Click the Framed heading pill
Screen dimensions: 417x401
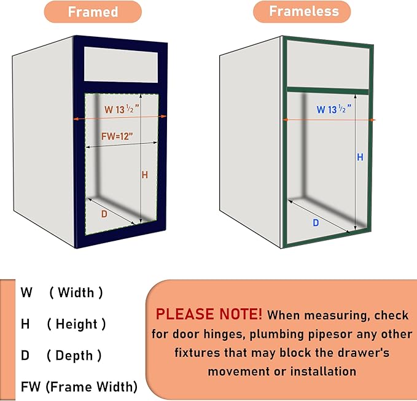93,12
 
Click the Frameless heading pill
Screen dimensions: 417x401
302,12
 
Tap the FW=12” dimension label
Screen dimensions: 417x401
117,136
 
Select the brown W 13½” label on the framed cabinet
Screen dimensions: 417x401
122,109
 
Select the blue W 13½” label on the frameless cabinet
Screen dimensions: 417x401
333,109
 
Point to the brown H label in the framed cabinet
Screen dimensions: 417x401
145,175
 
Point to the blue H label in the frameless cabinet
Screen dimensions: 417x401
360,157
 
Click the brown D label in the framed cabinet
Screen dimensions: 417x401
104,214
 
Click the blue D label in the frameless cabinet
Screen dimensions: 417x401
316,222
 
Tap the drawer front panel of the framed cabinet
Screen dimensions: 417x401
121,65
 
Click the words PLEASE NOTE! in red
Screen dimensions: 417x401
209,314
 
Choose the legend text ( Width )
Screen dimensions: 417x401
76,293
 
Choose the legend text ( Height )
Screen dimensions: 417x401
76,324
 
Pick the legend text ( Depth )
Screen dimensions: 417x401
74,356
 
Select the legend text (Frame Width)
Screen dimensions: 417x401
92,387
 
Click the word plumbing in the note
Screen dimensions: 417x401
277,335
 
